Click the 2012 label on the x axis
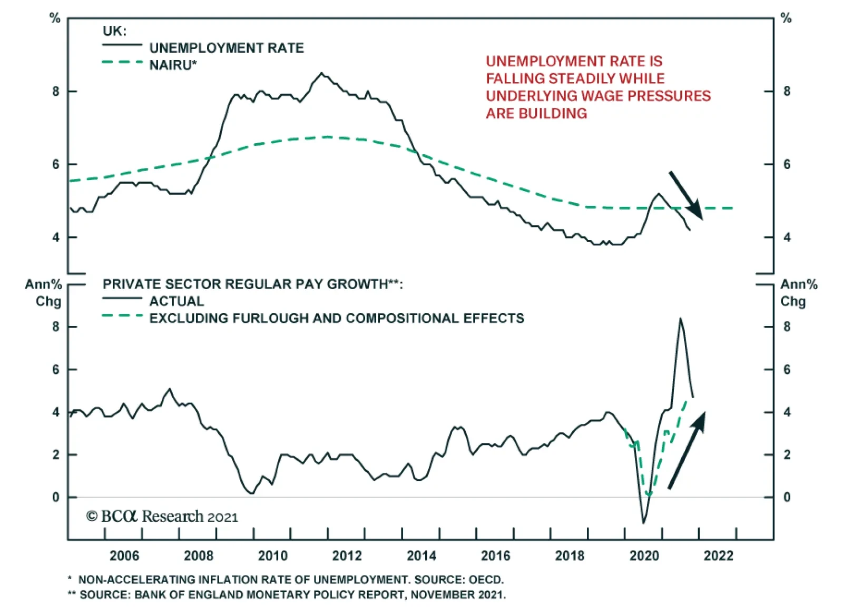(347, 556)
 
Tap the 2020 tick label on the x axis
(644, 556)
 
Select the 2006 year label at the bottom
(124, 556)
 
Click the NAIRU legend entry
(173, 65)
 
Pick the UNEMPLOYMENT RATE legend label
(227, 48)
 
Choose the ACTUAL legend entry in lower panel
(177, 301)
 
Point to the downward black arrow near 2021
(686, 195)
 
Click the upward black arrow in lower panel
(687, 450)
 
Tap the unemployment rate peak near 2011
(321, 73)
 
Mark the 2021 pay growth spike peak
(680, 319)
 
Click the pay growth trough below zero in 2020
(643, 522)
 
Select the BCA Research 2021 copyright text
(162, 517)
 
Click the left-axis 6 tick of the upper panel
(56, 164)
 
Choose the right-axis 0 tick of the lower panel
(787, 497)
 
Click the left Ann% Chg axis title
(44, 293)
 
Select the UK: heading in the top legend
(114, 31)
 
